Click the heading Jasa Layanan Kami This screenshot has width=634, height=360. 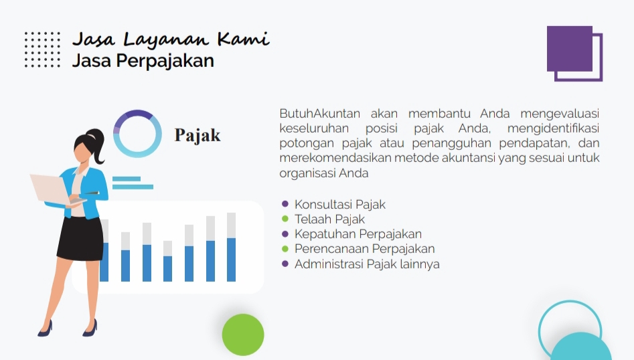[x=170, y=38]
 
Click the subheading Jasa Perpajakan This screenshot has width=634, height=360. [x=143, y=61]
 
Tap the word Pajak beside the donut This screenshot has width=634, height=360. [x=197, y=135]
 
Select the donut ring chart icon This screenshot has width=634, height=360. [x=137, y=133]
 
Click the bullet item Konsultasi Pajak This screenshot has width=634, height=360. [x=339, y=205]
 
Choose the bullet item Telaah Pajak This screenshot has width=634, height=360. [x=329, y=219]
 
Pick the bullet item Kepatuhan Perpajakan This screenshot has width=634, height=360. [x=358, y=234]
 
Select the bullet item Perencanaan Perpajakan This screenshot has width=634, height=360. [x=364, y=249]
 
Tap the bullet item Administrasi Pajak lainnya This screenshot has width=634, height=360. [x=367, y=264]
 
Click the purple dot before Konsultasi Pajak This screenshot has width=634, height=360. [x=285, y=204]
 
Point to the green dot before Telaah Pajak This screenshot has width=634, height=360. [x=285, y=219]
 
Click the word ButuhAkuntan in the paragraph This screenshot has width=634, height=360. [x=320, y=113]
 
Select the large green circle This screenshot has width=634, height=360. [x=243, y=335]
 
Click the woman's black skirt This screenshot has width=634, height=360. [x=80, y=238]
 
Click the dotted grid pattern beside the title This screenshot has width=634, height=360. [x=42, y=50]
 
